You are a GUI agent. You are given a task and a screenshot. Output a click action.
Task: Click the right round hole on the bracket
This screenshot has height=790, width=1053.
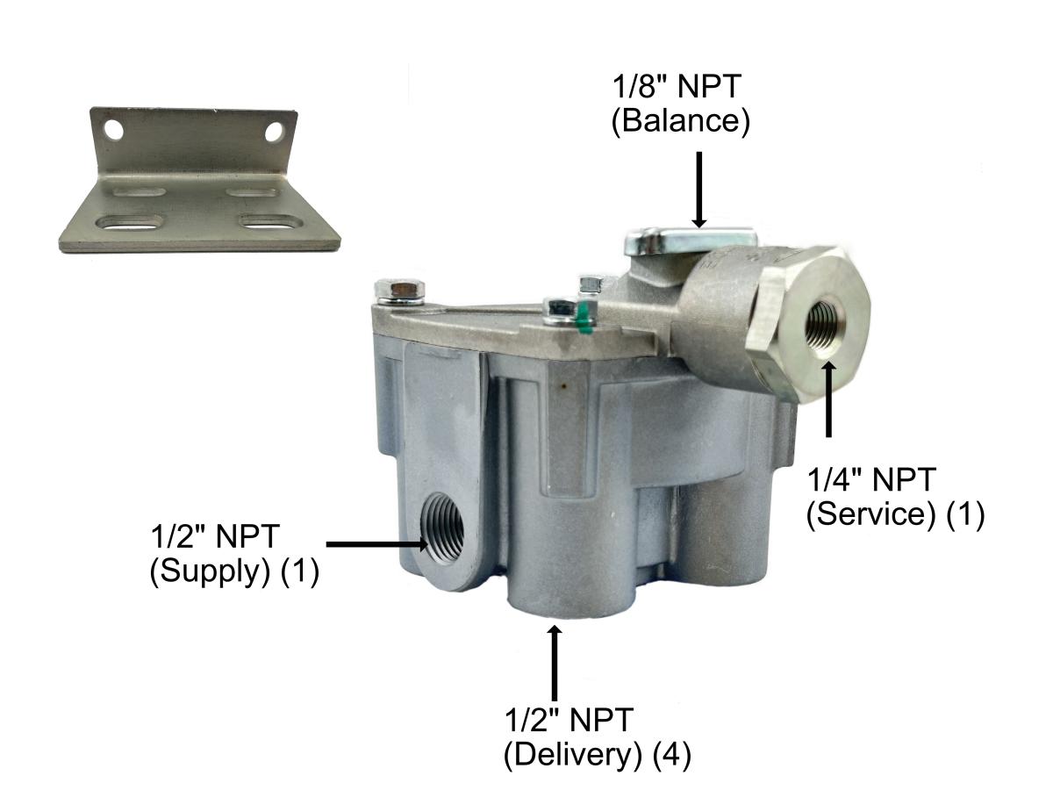275,132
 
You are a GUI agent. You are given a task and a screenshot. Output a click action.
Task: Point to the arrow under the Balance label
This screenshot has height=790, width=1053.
698,189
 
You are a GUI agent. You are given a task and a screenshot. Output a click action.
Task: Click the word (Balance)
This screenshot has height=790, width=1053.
680,120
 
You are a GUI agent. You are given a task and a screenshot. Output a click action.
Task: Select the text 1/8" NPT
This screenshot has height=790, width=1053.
680,88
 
